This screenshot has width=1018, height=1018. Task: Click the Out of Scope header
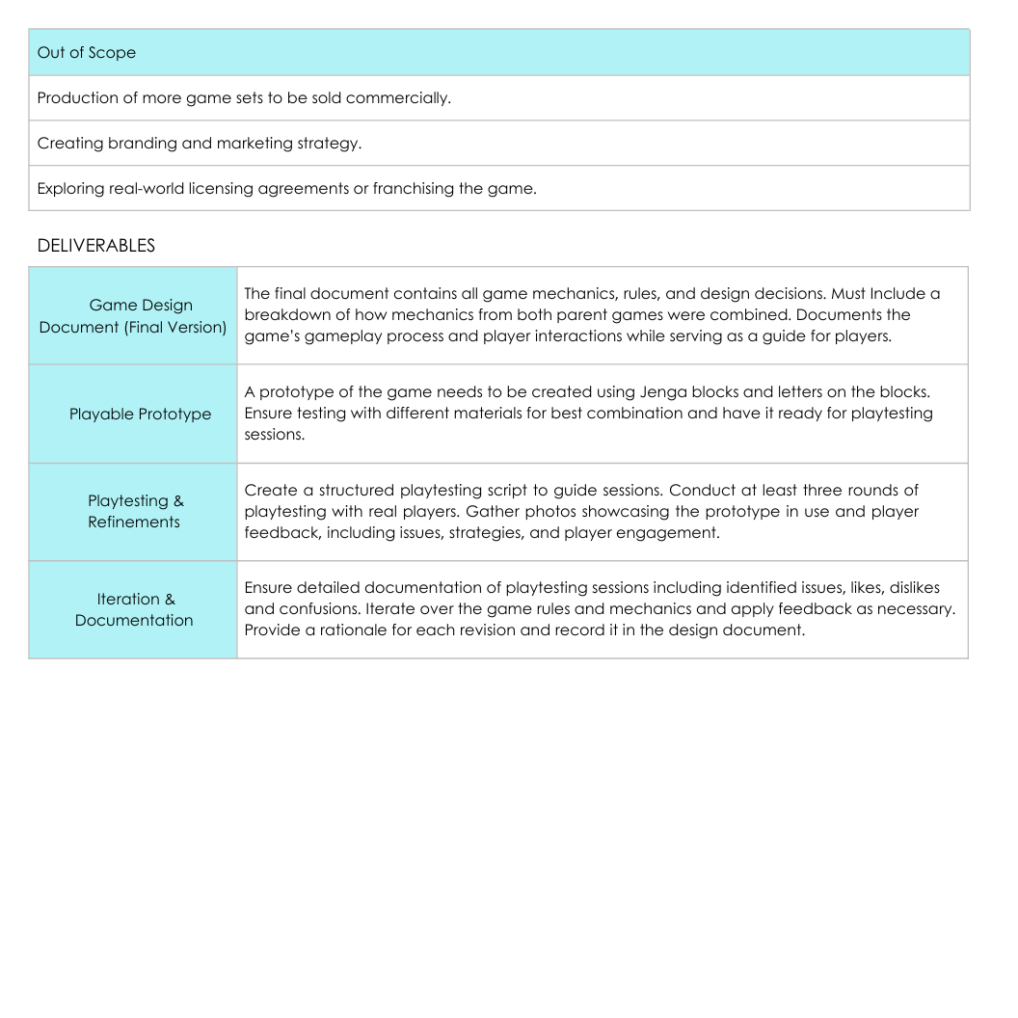86,53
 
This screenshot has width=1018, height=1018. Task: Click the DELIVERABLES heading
95,246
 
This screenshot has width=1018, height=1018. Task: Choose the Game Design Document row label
133,316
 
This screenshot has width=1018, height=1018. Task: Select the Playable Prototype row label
140,415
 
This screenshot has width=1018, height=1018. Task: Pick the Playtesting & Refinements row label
134,512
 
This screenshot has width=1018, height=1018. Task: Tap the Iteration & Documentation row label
134,609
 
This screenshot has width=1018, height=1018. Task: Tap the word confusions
312,609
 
